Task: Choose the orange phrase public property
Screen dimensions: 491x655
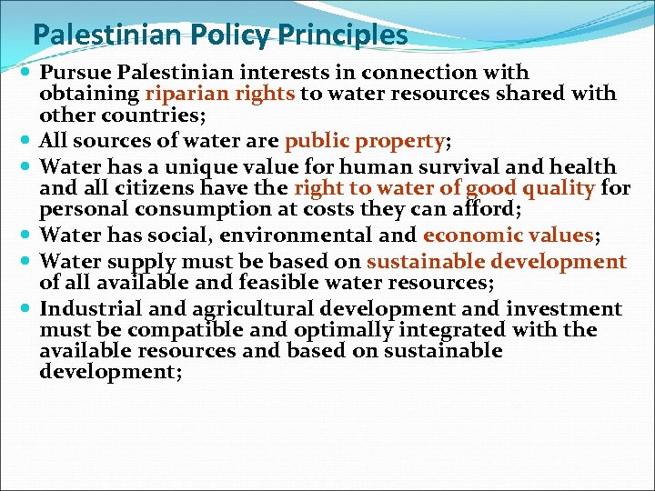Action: click(x=364, y=142)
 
